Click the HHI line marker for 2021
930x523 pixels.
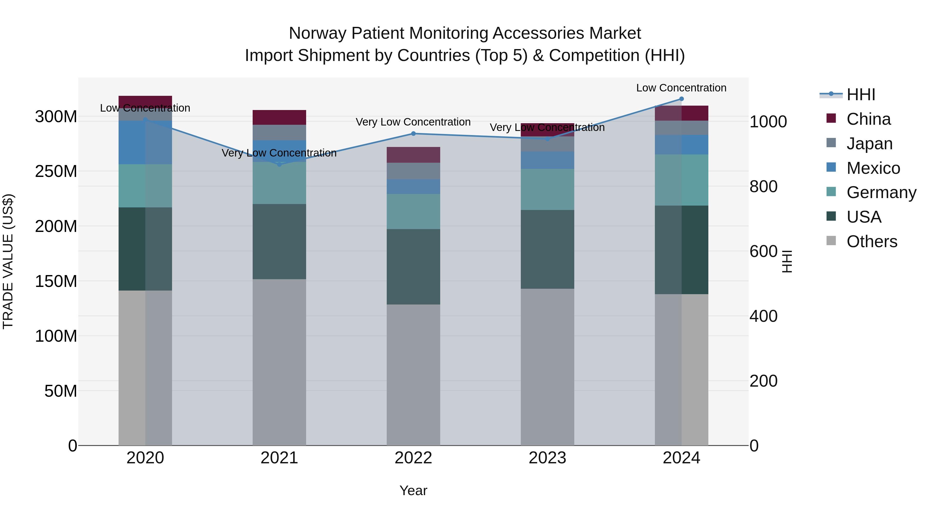tap(279, 164)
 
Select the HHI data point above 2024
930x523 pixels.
tap(681, 99)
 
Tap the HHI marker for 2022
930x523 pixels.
tap(413, 134)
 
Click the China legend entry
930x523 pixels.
tap(868, 119)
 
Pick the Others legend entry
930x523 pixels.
tap(872, 241)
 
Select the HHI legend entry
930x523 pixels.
tap(861, 95)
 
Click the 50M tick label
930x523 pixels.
tap(61, 391)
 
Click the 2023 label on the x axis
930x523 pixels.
tap(547, 458)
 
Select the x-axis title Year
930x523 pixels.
tap(413, 490)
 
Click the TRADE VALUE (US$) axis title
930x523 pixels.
tap(8, 261)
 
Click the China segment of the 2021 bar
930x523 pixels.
tap(279, 117)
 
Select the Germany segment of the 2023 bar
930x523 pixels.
tap(547, 190)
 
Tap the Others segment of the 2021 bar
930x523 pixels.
tap(279, 362)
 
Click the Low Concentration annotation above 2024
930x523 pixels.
tap(681, 88)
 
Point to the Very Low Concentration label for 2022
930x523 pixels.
tap(413, 122)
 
